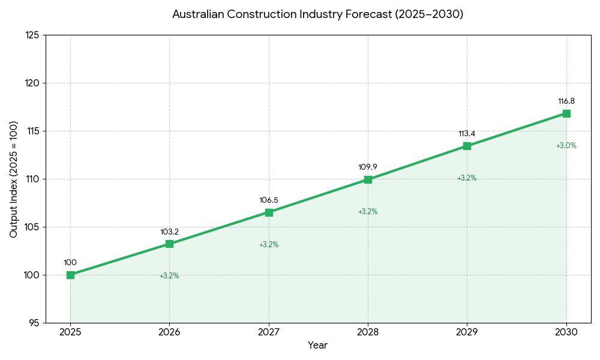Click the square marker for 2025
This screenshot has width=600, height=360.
70,275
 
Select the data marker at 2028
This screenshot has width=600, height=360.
368,179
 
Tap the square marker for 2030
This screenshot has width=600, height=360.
566,113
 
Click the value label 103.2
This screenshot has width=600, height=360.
169,232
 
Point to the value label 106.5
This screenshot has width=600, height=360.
269,200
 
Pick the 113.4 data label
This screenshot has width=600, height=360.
467,134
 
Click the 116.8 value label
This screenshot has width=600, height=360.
566,101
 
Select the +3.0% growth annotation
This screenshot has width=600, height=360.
566,146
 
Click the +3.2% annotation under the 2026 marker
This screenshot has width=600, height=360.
169,276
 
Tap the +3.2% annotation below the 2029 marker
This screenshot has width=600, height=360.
467,178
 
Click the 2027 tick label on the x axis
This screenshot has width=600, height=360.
269,332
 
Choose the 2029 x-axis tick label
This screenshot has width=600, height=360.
467,332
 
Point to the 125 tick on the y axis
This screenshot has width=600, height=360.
32,35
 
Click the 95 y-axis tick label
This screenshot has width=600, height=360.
34,323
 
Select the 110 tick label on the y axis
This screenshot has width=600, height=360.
32,179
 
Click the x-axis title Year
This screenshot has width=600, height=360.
318,346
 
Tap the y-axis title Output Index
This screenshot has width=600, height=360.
14,179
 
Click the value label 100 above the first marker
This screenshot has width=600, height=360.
70,263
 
